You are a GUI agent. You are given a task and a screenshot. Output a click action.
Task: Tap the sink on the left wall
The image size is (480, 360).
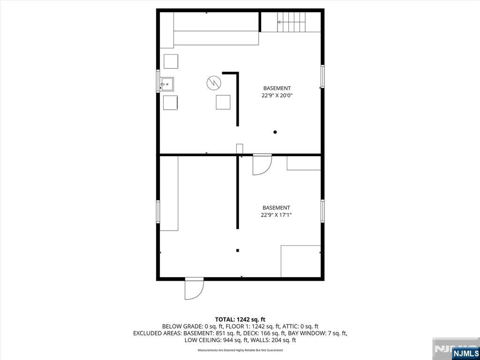point(167,84)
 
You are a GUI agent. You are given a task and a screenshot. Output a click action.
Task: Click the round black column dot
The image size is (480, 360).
point(275,132)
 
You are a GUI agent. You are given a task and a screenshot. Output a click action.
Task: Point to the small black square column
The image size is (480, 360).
point(238,251)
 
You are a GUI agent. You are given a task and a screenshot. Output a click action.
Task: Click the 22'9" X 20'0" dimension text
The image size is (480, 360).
point(277,96)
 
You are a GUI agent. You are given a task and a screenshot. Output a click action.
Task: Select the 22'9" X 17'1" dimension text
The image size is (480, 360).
point(276,215)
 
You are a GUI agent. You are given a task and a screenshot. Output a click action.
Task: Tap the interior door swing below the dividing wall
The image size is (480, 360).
point(262,165)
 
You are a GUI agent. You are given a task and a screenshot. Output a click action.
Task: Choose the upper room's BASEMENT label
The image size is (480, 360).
point(277,88)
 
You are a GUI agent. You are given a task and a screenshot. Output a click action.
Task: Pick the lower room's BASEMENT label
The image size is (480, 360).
point(276,208)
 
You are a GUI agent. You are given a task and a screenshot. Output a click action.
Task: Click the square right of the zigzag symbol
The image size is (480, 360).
point(223,102)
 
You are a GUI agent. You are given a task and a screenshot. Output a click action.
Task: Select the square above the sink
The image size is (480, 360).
point(171,61)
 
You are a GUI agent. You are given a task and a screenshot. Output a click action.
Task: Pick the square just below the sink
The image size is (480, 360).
point(171,102)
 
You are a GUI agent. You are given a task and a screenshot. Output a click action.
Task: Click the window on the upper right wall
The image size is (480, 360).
point(322,76)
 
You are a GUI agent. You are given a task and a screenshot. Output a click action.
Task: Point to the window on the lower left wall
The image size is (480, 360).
point(158,211)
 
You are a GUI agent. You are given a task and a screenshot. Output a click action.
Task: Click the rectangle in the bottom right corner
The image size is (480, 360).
point(301,261)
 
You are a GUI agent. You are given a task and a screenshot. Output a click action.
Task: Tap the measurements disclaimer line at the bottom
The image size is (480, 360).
point(240,350)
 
